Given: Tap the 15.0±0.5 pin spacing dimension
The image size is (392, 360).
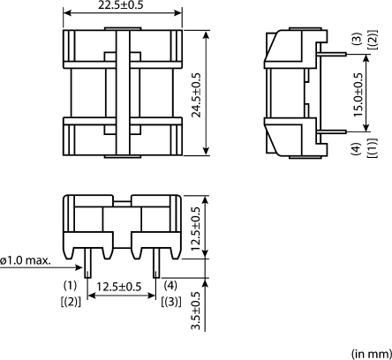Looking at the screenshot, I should [x=358, y=92].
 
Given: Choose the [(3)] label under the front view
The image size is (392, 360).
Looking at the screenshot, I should [x=171, y=303].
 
